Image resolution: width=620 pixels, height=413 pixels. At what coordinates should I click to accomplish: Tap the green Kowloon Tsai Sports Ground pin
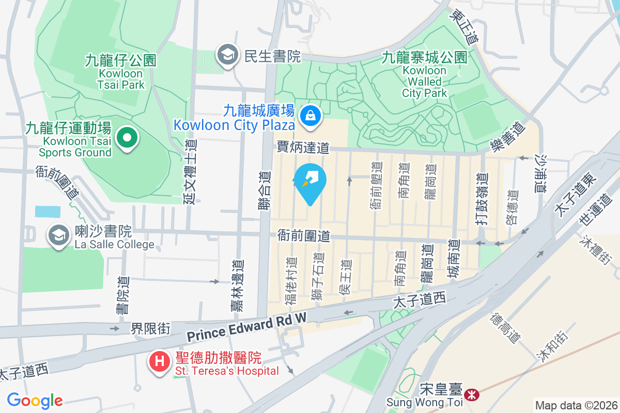(126, 138)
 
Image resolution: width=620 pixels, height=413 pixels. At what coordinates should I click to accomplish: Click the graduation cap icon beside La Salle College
(59, 236)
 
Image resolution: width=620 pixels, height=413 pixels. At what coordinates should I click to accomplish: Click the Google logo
(35, 400)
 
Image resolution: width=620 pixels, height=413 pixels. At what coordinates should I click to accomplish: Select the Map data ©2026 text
(576, 405)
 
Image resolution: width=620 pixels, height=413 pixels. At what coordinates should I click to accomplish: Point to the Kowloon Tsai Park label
(121, 72)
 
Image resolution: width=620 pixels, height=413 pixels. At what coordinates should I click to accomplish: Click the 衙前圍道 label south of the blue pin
(303, 236)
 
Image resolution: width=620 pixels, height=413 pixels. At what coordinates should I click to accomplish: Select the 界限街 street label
(149, 328)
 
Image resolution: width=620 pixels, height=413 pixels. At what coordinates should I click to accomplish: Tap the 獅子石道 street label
(318, 277)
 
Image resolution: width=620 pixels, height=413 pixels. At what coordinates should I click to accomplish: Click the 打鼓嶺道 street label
(482, 198)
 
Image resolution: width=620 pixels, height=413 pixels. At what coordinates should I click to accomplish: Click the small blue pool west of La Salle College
(48, 211)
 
